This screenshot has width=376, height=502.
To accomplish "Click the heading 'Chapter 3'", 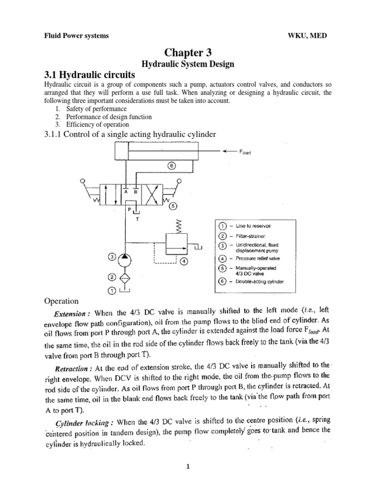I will pyautogui.click(x=188, y=53).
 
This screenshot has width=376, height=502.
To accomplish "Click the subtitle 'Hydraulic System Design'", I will pyautogui.click(x=188, y=64).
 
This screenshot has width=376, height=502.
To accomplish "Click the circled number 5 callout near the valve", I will pyautogui.click(x=172, y=206).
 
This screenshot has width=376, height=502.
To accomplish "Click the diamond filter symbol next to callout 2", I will pyautogui.click(x=126, y=278).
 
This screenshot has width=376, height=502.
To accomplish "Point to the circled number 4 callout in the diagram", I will pyautogui.click(x=184, y=261).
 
